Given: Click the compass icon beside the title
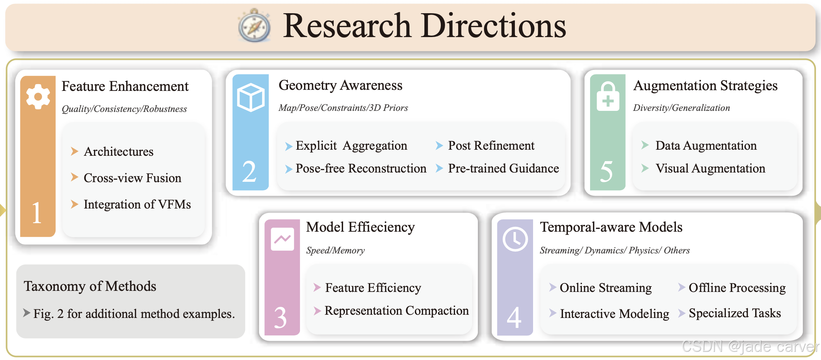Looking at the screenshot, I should click(x=254, y=26).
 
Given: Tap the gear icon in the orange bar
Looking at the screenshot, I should click(x=38, y=97).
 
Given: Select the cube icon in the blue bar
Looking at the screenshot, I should click(x=251, y=97).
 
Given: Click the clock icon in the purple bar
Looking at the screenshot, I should click(x=515, y=239).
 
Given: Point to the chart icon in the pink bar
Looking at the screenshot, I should click(x=282, y=239).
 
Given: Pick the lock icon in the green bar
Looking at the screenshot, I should click(x=608, y=97).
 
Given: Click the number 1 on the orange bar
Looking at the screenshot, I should click(x=36, y=213).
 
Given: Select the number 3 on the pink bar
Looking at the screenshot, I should click(x=280, y=317).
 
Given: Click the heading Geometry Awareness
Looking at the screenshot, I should click(x=340, y=86).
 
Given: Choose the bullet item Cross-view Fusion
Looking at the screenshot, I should click(x=132, y=178).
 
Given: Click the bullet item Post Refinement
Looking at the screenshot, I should click(x=491, y=145).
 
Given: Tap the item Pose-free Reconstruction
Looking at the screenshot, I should click(x=361, y=168).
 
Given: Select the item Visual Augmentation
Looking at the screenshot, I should click(x=710, y=168).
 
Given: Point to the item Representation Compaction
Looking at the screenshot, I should click(x=396, y=310).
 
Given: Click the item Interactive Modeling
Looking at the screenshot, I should click(x=614, y=314).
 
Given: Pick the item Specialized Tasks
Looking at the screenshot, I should click(x=734, y=313).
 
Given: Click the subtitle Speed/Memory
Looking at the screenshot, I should click(x=335, y=250).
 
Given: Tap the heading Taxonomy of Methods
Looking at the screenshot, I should click(x=90, y=286).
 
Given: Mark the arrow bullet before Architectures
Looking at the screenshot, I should click(x=74, y=151).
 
